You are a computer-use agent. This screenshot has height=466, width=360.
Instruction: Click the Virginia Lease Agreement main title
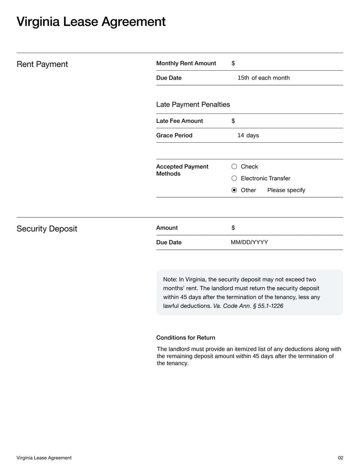click(x=91, y=22)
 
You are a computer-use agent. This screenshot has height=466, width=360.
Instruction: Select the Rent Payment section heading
click(x=42, y=64)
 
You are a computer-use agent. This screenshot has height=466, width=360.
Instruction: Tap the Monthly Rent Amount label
click(x=186, y=63)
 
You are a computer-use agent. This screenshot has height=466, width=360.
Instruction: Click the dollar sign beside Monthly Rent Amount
click(x=233, y=63)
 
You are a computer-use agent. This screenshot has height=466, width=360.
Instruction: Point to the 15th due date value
click(x=243, y=78)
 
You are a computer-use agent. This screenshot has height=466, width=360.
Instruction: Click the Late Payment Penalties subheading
click(x=193, y=104)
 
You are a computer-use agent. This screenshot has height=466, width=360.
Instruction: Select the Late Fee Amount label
click(x=179, y=121)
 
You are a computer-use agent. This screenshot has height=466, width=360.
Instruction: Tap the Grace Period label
click(x=174, y=135)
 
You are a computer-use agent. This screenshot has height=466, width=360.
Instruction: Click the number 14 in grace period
click(x=241, y=135)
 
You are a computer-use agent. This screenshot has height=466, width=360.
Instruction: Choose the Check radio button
click(x=234, y=167)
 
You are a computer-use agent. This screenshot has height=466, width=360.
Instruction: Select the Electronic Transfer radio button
click(x=234, y=178)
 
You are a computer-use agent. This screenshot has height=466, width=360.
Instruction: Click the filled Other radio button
click(x=234, y=190)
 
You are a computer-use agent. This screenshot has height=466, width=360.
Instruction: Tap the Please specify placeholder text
click(x=286, y=190)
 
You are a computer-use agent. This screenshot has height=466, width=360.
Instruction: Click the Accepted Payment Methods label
click(x=182, y=170)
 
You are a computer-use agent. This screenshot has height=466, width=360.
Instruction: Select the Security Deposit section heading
click(x=47, y=229)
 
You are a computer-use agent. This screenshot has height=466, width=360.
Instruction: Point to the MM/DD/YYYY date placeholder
click(x=249, y=242)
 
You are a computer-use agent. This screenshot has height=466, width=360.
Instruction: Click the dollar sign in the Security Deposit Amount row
click(x=233, y=228)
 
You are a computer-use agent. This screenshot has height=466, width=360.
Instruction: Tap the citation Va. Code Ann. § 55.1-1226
click(x=248, y=306)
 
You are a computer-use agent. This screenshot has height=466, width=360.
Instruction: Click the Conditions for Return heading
click(x=185, y=338)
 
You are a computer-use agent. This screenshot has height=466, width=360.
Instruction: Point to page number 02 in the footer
click(x=340, y=458)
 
